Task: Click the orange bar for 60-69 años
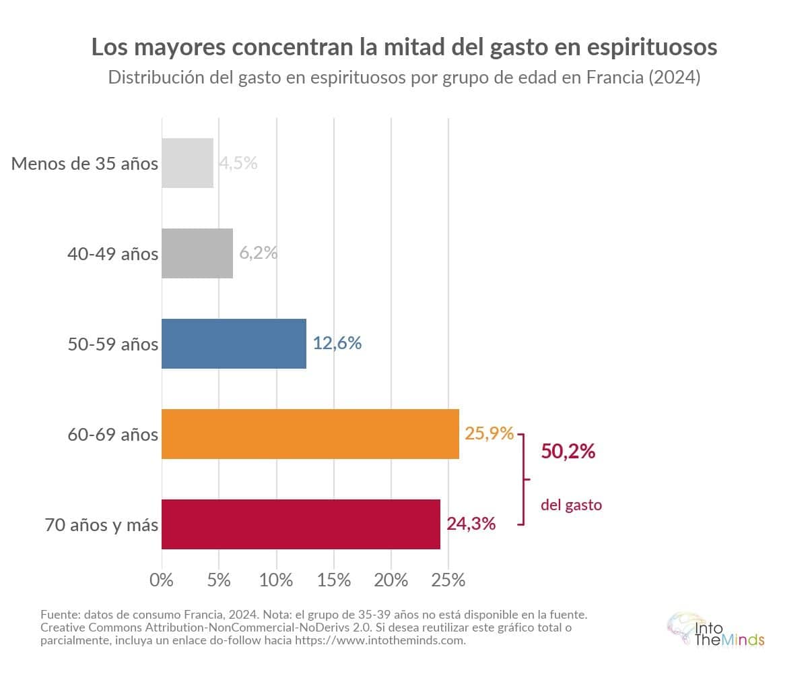(310, 434)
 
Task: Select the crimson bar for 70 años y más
(301, 524)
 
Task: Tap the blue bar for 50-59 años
(234, 344)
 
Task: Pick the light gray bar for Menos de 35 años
(187, 163)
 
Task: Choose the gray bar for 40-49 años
(197, 253)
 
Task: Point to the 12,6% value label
(337, 343)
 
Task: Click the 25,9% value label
(490, 433)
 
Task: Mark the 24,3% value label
(471, 523)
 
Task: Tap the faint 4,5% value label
(238, 163)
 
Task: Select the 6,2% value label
(259, 253)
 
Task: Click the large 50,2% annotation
(568, 452)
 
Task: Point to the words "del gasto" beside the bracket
(571, 505)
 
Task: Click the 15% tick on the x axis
(334, 580)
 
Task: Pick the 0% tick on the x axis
(162, 580)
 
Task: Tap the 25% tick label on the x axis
(448, 580)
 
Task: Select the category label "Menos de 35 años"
(85, 164)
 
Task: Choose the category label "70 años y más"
(102, 524)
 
